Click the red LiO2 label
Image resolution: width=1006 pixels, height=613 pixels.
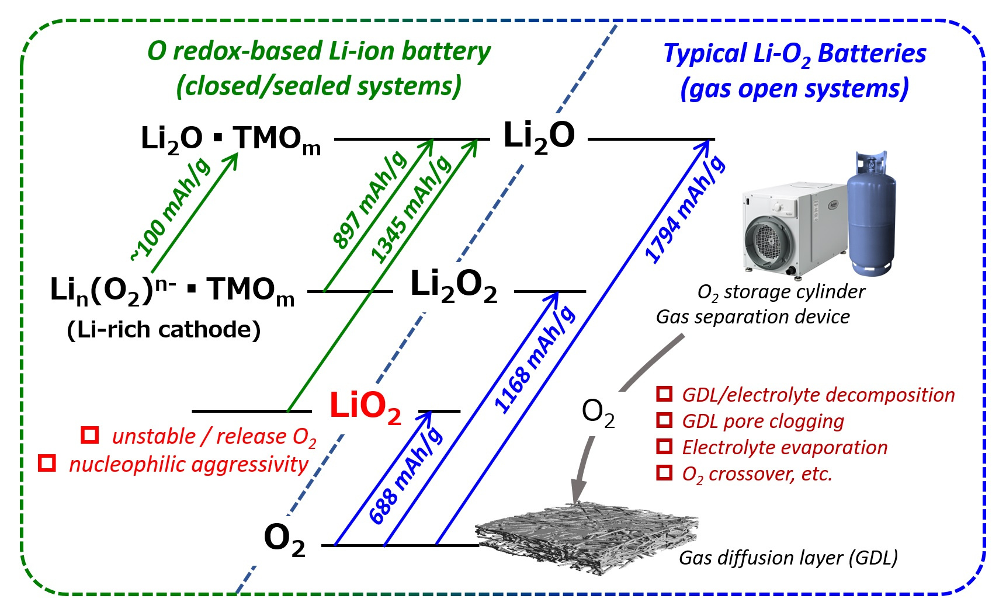coord(365,406)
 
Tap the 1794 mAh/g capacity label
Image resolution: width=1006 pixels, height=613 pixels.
coord(685,210)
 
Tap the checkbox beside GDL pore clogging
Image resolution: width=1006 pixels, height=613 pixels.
coord(664,420)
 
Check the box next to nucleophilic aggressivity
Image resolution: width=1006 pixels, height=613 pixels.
coord(47,463)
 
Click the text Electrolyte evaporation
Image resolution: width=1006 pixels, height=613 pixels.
coord(785,447)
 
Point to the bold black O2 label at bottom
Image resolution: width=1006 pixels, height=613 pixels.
coord(285,538)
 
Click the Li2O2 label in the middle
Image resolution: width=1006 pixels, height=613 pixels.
coord(453,286)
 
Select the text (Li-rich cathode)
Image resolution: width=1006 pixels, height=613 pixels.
coord(164,330)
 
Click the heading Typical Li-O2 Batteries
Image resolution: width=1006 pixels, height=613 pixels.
coord(795,54)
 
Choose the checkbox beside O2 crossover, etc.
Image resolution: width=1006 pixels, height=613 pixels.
coord(664,472)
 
